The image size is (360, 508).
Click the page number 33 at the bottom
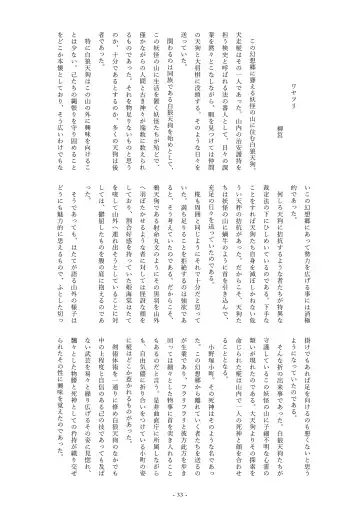[x=180, y=498]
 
